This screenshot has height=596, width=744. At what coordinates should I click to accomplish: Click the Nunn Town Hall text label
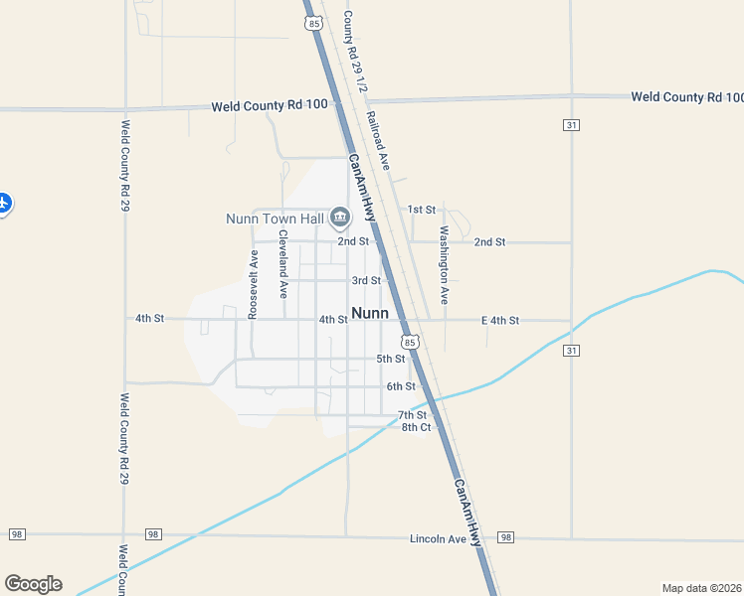(274, 219)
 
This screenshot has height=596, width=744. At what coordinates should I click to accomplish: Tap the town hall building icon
(340, 218)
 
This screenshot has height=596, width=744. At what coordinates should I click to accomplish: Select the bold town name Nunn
(370, 312)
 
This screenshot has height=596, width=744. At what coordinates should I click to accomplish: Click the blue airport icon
(3, 203)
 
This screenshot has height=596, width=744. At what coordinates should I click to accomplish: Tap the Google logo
(33, 584)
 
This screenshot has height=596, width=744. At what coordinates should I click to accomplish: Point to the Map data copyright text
(701, 587)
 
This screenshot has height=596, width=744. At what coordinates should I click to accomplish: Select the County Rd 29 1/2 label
(355, 52)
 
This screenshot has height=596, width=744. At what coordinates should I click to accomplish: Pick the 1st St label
(422, 210)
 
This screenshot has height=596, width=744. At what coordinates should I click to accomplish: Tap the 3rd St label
(366, 281)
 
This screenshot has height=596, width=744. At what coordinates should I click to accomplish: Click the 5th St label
(390, 359)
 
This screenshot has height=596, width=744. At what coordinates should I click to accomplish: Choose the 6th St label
(400, 386)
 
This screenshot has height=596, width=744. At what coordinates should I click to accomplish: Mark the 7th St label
(412, 414)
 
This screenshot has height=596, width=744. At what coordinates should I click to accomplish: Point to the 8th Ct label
(416, 427)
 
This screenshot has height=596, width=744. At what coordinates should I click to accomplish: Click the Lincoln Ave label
(438, 539)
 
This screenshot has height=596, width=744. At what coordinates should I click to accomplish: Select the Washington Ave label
(445, 265)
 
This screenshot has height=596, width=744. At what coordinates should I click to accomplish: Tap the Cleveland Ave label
(283, 264)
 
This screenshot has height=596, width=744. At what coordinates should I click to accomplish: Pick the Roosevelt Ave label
(254, 284)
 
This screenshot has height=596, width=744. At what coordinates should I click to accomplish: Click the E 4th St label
(500, 320)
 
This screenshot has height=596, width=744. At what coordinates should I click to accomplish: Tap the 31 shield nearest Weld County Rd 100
(571, 125)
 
